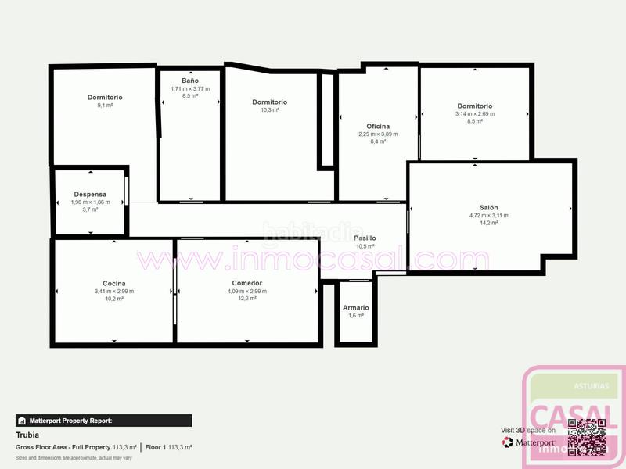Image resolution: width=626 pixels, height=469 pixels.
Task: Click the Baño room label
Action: (189, 81)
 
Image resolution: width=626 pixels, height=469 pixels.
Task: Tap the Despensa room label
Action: (90, 194)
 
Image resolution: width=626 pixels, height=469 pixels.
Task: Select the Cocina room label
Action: (114, 283)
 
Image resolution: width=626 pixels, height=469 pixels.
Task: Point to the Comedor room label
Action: (246, 283)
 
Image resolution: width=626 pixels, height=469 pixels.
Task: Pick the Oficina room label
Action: (378, 126)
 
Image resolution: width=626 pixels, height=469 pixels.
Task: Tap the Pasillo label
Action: (365, 238)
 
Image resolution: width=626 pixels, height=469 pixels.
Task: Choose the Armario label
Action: (355, 307)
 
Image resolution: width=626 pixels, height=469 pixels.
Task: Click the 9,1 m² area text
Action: (105, 106)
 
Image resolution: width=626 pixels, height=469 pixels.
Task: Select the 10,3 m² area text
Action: (270, 110)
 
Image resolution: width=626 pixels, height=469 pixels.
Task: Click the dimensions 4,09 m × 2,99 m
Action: (246, 292)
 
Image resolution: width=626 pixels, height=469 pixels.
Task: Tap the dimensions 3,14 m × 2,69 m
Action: (475, 114)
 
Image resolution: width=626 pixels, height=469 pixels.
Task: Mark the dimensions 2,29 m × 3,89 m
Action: (378, 134)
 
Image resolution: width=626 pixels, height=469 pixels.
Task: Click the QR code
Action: (587, 438)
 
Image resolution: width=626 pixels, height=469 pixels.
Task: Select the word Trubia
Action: (27, 435)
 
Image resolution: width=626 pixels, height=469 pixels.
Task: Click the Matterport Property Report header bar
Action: (103, 421)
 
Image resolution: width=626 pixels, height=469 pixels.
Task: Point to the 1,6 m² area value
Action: (355, 316)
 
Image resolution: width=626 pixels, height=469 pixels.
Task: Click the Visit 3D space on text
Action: (527, 431)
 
